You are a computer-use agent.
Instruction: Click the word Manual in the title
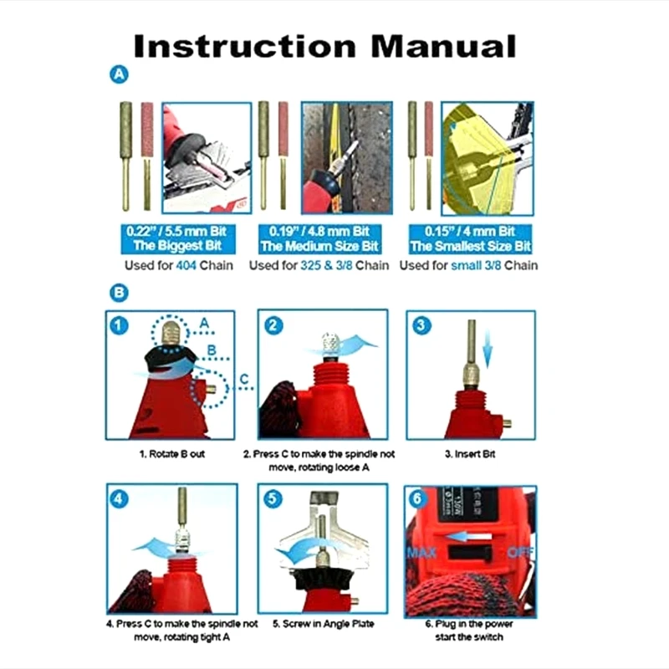point(444,46)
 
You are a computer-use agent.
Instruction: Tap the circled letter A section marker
point(119,74)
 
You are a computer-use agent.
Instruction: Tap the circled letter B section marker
point(119,294)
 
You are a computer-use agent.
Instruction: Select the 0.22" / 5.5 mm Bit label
point(176,232)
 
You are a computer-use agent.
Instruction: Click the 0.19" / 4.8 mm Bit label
point(319,232)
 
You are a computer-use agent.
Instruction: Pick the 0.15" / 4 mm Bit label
point(470,232)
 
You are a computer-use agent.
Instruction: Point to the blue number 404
point(186,265)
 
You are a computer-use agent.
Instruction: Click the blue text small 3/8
point(476,265)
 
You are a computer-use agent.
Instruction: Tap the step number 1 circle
point(119,326)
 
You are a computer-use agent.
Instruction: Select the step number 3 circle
point(421,325)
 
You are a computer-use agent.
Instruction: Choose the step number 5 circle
point(273,498)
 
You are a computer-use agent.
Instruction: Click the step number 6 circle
point(417,498)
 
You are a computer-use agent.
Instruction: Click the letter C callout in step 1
point(243,379)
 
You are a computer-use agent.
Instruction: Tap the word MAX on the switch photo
point(422,553)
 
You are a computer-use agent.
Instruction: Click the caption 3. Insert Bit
point(470,454)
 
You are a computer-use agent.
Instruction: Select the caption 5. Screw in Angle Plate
point(324,624)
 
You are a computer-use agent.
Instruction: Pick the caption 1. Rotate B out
point(172,454)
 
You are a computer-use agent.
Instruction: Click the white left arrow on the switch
point(468,536)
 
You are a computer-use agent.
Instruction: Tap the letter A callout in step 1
point(204,323)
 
